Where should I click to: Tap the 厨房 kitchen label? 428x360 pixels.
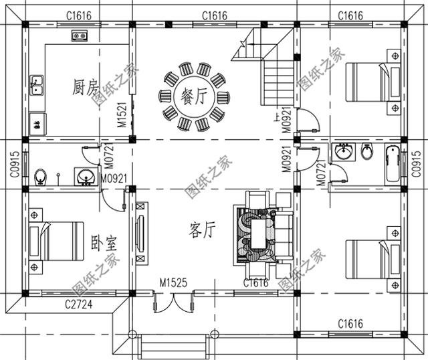click(x=84, y=87)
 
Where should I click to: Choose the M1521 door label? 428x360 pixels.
click(x=122, y=115)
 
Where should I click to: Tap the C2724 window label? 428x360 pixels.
click(x=78, y=305)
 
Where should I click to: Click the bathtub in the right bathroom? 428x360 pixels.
click(x=391, y=163)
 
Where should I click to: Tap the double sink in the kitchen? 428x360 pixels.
click(x=37, y=85)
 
